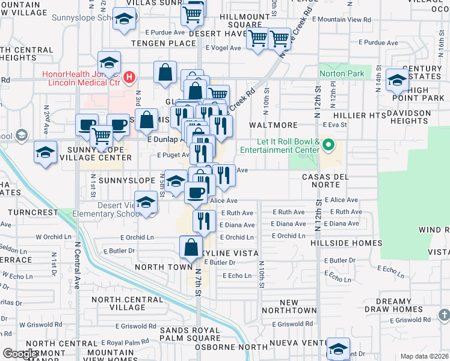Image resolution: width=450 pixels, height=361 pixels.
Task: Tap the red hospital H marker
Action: (x=128, y=77)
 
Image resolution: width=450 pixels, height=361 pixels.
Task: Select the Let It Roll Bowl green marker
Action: (x=328, y=144)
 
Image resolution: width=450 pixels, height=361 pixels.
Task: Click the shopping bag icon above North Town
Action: (x=191, y=247)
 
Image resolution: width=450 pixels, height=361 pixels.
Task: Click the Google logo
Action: (x=20, y=354)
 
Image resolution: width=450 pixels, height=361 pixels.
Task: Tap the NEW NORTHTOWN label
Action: (x=289, y=306)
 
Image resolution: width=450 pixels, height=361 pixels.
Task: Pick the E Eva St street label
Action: (x=335, y=125)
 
